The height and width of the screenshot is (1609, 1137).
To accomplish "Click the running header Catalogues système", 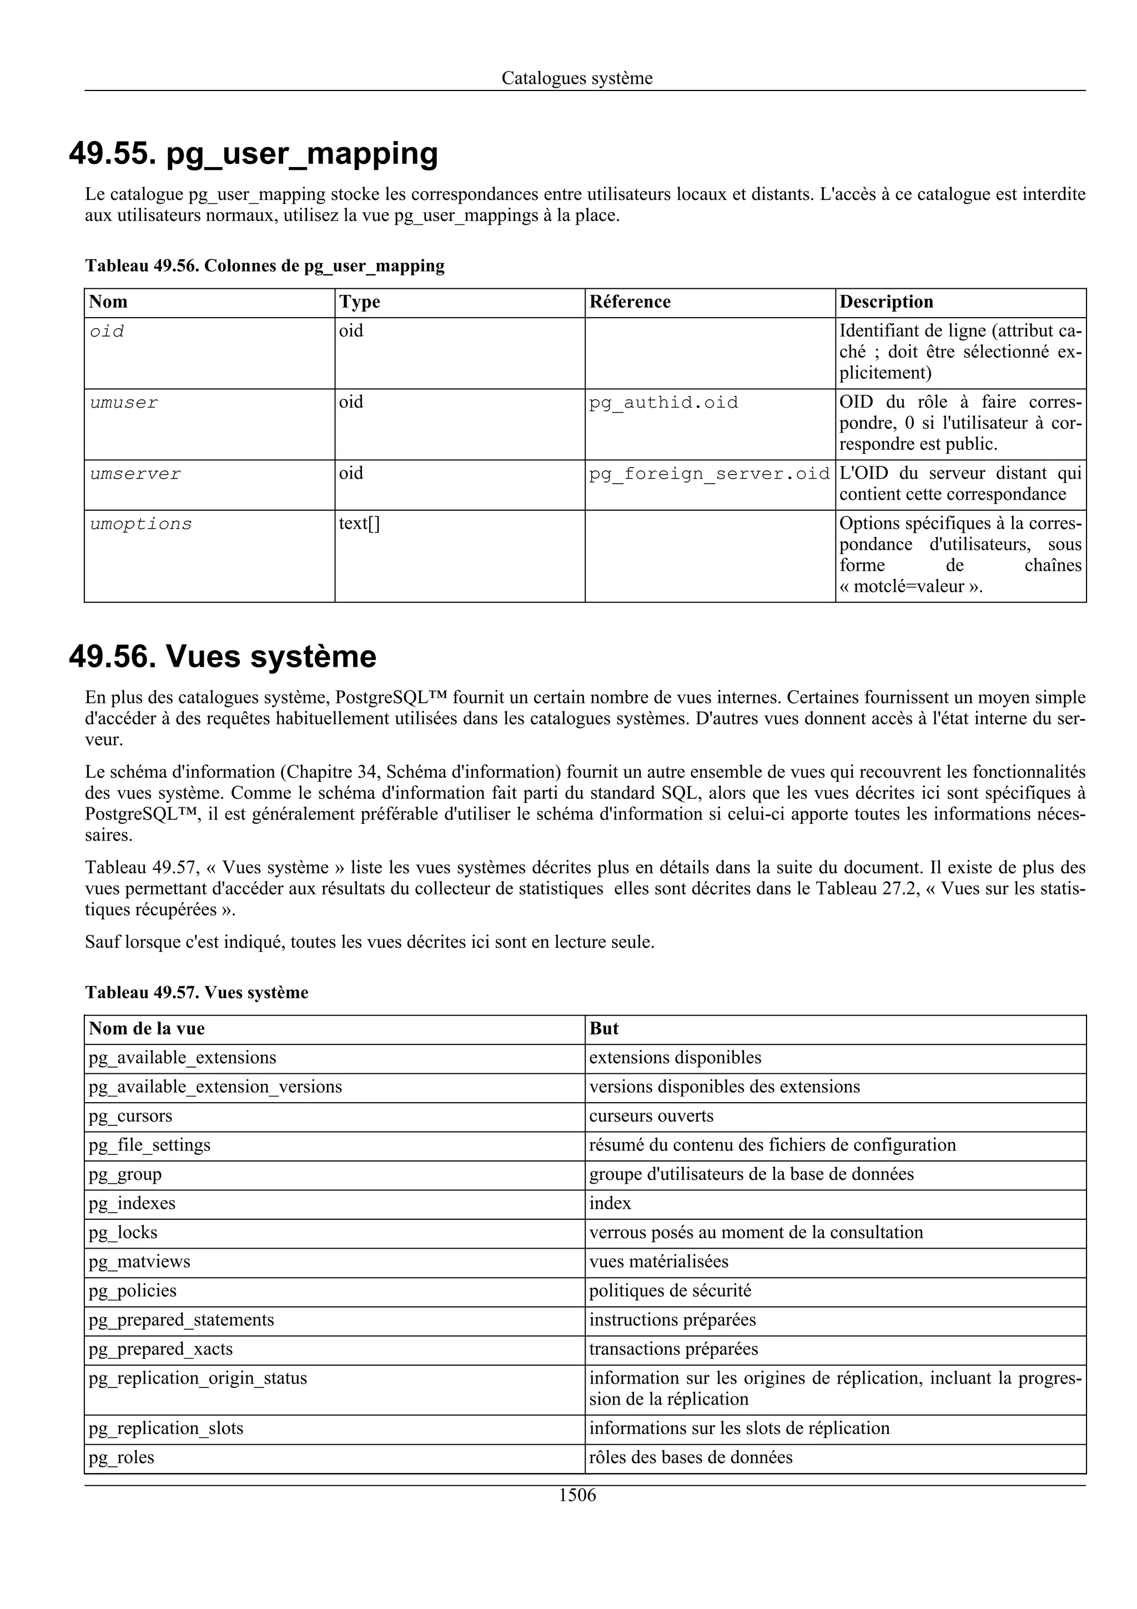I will (x=577, y=78).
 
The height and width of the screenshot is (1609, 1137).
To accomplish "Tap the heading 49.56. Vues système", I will (x=223, y=657).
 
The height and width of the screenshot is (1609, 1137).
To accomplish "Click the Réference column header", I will (x=630, y=302).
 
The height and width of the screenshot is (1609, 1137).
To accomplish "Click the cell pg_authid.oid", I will (x=663, y=403).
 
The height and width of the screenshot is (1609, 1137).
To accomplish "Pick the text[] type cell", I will (x=359, y=524).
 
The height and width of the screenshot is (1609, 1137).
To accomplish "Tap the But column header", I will (x=604, y=1029).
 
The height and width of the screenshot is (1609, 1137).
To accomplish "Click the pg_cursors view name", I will (x=130, y=1115).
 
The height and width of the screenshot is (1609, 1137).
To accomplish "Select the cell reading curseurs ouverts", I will (x=651, y=1115).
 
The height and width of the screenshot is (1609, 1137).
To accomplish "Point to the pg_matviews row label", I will (x=139, y=1261).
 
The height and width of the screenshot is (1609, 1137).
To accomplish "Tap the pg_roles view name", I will (x=121, y=1457).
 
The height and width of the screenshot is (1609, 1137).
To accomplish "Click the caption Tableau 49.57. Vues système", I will (x=197, y=992).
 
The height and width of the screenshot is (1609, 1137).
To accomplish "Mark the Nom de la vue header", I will (x=147, y=1029).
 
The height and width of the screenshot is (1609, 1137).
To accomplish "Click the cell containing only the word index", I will (x=610, y=1203).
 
